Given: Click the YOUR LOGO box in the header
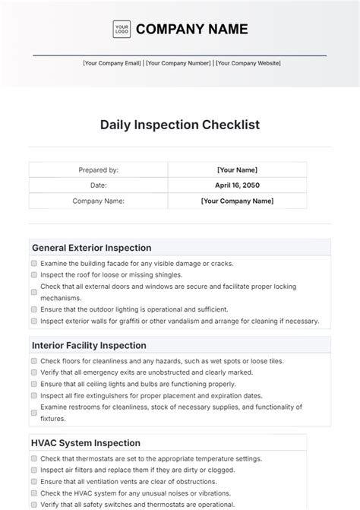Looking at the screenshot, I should tap(122, 29).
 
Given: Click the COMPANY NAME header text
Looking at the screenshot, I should tap(191, 30).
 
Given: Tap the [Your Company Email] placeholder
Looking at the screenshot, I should tap(112, 64).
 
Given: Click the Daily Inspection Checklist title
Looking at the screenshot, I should tap(179, 124).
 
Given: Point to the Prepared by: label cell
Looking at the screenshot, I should tap(98, 170).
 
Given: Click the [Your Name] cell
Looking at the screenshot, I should tap(237, 170).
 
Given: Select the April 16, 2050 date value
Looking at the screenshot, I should tap(237, 185).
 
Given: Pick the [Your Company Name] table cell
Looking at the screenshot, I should tap(237, 201).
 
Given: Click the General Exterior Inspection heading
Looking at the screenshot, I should tap(91, 248).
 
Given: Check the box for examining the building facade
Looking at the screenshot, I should tap(34, 264).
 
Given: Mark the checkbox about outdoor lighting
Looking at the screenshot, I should tap(34, 310).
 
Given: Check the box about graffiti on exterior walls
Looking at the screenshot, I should tap(34, 322).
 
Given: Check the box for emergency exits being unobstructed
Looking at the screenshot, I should tap(34, 372).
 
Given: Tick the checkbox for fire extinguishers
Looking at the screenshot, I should tap(34, 396).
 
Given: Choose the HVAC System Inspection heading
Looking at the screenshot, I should tap(86, 443).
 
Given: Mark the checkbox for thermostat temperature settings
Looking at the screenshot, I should tap(34, 459).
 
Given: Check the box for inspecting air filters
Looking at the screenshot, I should tap(34, 470).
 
